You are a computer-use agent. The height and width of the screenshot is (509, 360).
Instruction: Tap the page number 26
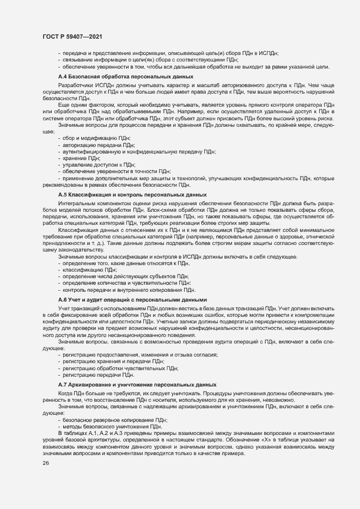(x=45, y=463)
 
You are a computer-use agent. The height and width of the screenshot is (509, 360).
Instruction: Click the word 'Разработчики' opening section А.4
(x=75, y=85)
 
